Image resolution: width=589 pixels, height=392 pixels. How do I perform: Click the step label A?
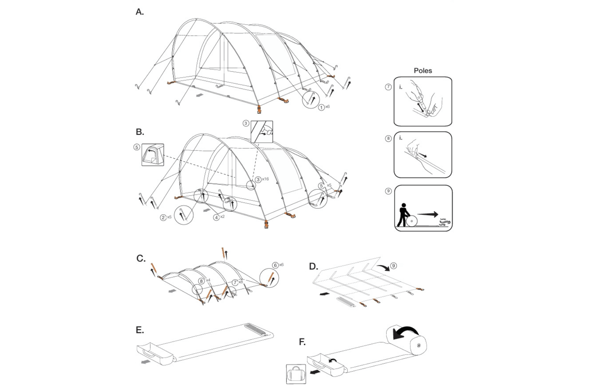click(139, 12)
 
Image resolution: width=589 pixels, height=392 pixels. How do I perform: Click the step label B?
click(139, 132)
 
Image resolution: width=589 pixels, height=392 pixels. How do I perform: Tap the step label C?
click(141, 258)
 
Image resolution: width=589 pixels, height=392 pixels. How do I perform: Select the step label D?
click(313, 266)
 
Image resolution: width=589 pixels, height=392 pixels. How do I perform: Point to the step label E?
click(139, 330)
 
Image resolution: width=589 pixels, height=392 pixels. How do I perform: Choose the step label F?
click(302, 342)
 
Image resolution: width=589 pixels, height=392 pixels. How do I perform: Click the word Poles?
click(423, 71)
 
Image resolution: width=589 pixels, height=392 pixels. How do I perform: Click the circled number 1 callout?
click(321, 108)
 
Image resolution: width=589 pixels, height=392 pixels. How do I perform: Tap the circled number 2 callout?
click(163, 217)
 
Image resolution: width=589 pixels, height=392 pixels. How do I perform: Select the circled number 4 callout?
click(216, 217)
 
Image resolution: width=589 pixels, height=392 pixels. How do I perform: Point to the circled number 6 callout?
click(276, 265)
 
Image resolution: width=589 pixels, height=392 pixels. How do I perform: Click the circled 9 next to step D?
click(393, 266)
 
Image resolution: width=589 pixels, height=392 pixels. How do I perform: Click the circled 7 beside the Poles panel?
click(388, 87)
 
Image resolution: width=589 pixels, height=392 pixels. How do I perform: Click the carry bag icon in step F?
click(296, 374)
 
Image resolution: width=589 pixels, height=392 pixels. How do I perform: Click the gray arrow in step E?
click(145, 361)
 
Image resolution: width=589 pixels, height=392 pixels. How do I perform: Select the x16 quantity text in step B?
click(265, 179)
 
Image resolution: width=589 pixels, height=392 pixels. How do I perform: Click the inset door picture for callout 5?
click(153, 155)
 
